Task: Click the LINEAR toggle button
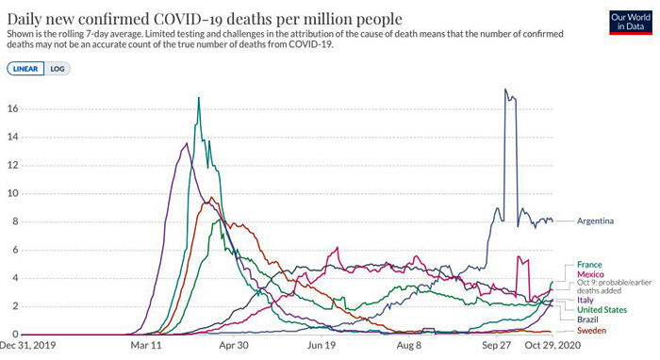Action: click(x=25, y=69)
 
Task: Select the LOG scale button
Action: click(x=58, y=69)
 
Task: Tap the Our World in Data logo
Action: click(x=631, y=23)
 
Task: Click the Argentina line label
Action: click(x=595, y=221)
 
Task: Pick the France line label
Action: click(x=589, y=265)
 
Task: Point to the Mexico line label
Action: click(x=590, y=274)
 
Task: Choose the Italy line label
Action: click(x=586, y=300)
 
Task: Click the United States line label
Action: click(x=602, y=310)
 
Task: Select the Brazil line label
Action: click(x=587, y=319)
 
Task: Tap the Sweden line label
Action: click(x=591, y=331)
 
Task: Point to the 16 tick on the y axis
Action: click(x=13, y=109)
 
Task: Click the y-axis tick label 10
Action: click(x=13, y=193)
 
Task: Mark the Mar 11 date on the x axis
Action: click(x=146, y=346)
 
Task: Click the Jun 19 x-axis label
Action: click(x=322, y=346)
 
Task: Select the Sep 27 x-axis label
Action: click(x=496, y=346)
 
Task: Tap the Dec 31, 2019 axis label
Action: click(x=27, y=346)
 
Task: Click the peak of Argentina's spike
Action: click(x=505, y=90)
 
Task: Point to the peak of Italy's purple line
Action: click(x=187, y=143)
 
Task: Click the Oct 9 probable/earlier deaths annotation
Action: click(x=614, y=286)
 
